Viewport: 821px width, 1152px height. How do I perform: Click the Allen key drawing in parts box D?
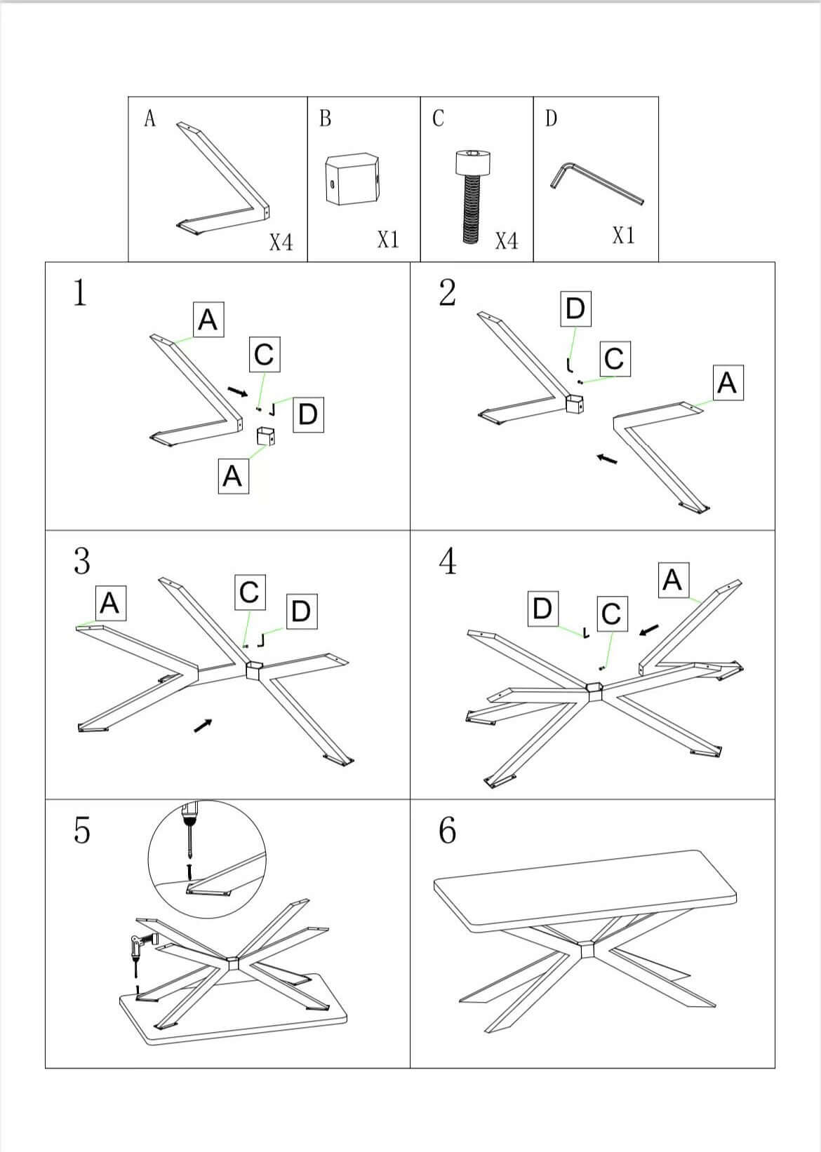[x=596, y=184]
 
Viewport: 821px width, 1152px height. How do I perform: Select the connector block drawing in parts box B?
[x=352, y=179]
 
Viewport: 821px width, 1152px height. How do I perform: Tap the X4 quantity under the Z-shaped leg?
[x=281, y=243]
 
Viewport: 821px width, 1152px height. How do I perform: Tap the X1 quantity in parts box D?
[x=623, y=236]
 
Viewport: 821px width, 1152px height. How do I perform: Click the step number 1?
[x=80, y=292]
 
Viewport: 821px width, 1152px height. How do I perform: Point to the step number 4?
[x=448, y=562]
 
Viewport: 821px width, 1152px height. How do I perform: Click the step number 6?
[x=447, y=830]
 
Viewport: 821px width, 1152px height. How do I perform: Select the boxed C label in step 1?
[x=264, y=354]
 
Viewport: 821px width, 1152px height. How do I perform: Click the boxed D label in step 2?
[x=575, y=309]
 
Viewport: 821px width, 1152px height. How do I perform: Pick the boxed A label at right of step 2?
[x=727, y=382]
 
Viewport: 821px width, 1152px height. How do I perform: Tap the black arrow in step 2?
[x=607, y=459]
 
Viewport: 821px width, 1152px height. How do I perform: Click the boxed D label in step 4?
[x=542, y=608]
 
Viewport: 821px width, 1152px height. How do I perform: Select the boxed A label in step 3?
[x=110, y=603]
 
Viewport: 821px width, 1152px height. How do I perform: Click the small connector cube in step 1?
[x=266, y=435]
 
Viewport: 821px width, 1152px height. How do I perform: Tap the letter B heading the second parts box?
[x=325, y=118]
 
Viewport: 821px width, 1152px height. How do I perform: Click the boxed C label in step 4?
[x=610, y=614]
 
